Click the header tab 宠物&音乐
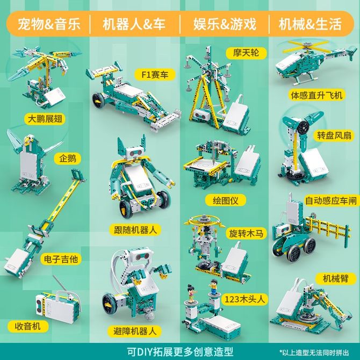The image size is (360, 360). [49, 24]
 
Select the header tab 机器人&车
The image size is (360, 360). [134, 24]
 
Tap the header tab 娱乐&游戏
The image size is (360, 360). [225, 24]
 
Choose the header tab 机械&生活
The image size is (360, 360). [310, 24]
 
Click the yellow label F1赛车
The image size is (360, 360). [155, 75]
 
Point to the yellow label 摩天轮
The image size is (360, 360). [246, 53]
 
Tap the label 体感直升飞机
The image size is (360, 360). [316, 95]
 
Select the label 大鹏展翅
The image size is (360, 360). [45, 119]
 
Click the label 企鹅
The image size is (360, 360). [68, 159]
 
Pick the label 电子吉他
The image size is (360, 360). [61, 259]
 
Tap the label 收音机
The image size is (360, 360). [28, 326]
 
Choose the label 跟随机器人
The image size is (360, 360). [135, 229]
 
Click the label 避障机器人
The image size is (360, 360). [135, 332]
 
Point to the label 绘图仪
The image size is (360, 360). [226, 200]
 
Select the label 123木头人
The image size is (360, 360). [244, 299]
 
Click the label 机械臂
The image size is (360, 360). [336, 278]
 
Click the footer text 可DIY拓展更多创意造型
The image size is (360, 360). [180, 351]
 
